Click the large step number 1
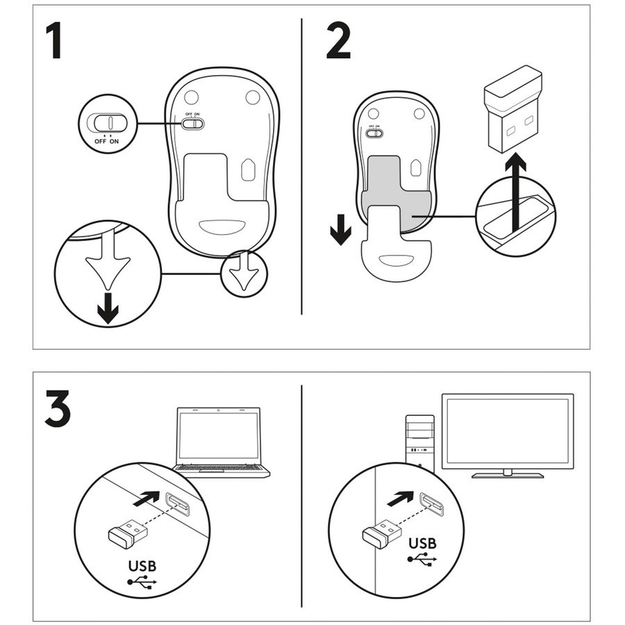[54, 42]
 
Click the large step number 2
[338, 42]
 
